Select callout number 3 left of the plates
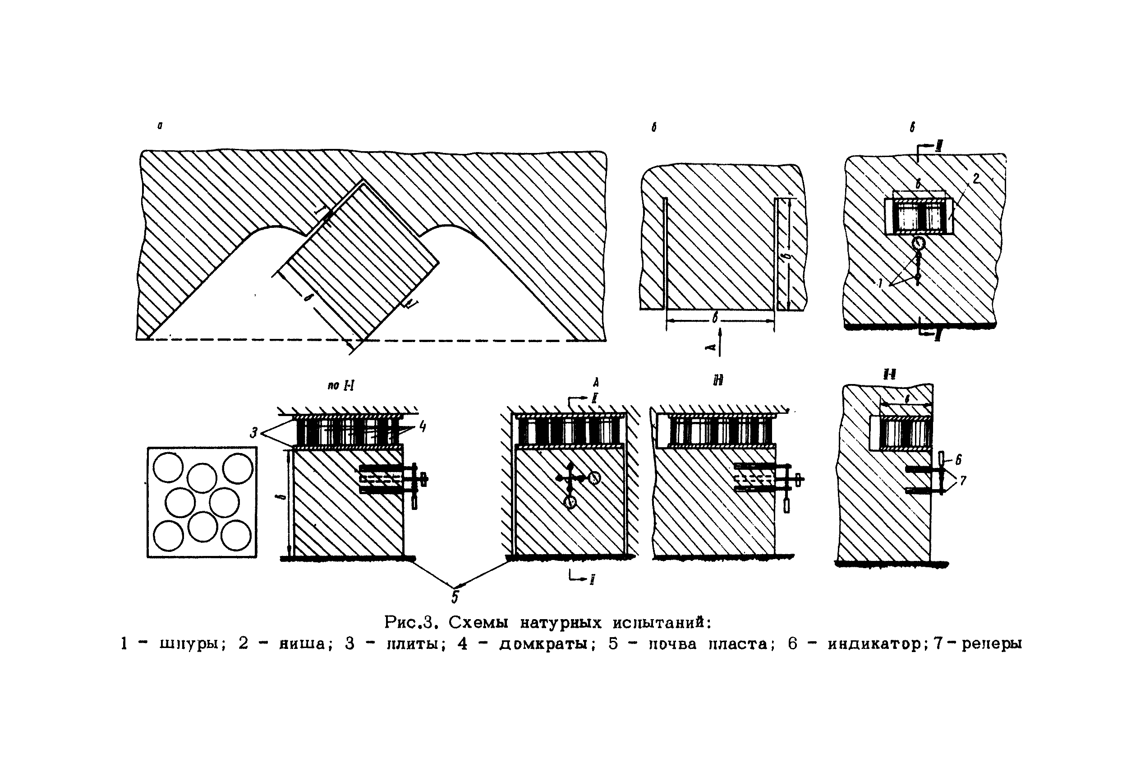(x=254, y=433)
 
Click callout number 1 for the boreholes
(x=879, y=283)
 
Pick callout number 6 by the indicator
(x=958, y=459)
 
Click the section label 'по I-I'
(x=340, y=385)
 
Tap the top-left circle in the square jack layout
(x=168, y=468)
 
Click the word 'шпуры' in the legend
(x=192, y=644)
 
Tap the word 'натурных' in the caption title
(x=561, y=623)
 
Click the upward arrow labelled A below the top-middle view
(x=720, y=343)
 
